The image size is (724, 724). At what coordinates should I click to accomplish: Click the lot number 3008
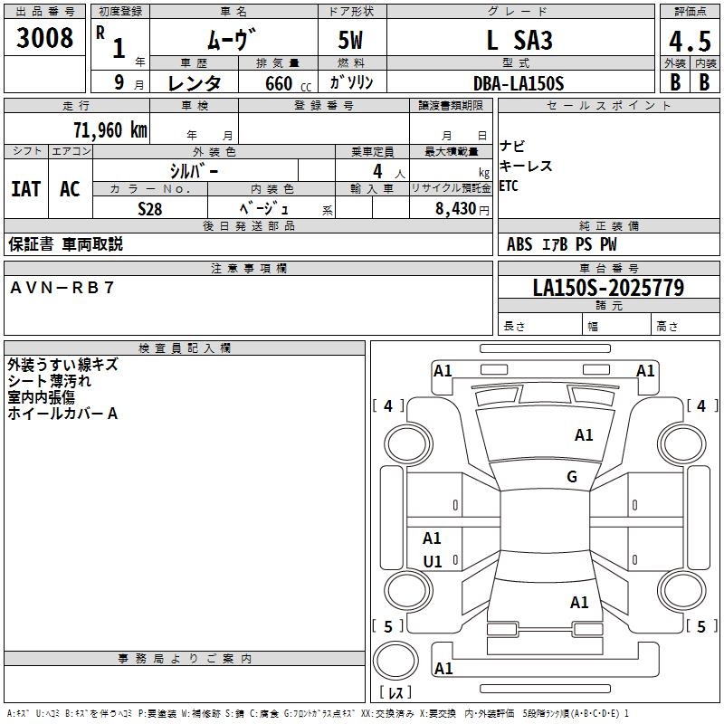[x=45, y=39]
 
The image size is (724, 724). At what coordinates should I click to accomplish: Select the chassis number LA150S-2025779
[x=608, y=288]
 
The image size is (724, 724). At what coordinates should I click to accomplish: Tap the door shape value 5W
[x=351, y=41]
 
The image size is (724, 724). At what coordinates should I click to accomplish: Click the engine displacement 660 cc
[x=275, y=83]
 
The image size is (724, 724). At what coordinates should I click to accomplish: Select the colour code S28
[x=149, y=208]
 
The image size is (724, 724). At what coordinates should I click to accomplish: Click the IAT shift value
[x=25, y=189]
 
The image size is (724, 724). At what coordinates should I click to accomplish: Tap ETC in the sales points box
[x=509, y=186]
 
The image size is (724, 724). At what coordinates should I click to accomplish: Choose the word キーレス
[x=525, y=167]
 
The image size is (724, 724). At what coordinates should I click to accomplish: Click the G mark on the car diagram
[x=572, y=477]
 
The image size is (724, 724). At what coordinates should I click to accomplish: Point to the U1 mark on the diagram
[x=433, y=561]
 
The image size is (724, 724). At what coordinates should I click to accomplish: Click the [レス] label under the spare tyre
[x=395, y=692]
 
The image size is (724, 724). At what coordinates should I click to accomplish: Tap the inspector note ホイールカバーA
[x=62, y=414]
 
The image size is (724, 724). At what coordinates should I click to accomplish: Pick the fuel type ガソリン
[x=351, y=82]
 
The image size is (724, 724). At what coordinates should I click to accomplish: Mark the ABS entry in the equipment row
[x=519, y=243]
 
